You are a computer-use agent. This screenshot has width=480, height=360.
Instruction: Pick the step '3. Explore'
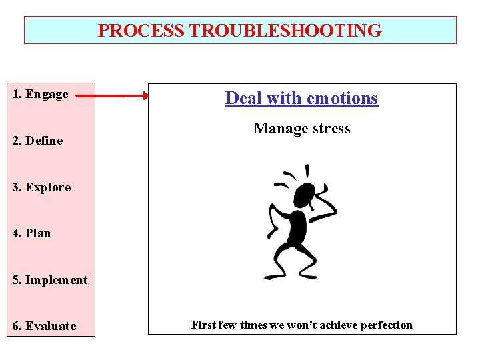point(42,187)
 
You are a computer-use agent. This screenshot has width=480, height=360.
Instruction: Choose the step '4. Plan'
point(32,233)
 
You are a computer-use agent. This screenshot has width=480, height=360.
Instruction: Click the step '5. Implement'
point(50,280)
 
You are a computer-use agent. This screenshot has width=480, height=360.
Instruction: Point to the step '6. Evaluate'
point(45,326)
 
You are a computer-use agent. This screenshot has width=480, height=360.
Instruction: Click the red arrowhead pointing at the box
point(145,96)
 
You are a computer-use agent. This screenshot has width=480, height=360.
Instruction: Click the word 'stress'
point(330,129)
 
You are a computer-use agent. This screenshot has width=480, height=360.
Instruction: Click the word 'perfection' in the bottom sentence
point(387,325)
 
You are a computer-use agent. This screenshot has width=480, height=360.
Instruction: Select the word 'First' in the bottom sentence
point(205,325)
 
